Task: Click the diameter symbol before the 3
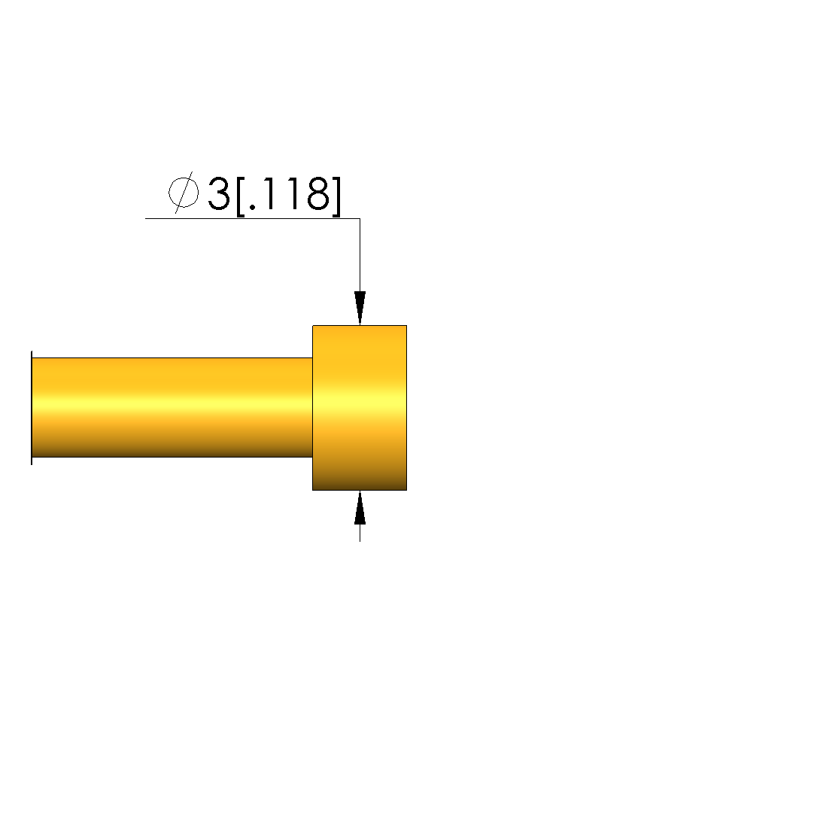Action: [x=184, y=193]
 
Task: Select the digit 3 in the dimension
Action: [x=219, y=193]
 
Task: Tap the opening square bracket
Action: [x=241, y=196]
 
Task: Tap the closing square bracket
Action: [x=336, y=196]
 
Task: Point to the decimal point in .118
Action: [x=253, y=207]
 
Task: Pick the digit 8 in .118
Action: [x=318, y=193]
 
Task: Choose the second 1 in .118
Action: [x=293, y=193]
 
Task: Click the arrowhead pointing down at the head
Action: [x=360, y=309]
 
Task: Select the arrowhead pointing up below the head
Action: [x=360, y=507]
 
